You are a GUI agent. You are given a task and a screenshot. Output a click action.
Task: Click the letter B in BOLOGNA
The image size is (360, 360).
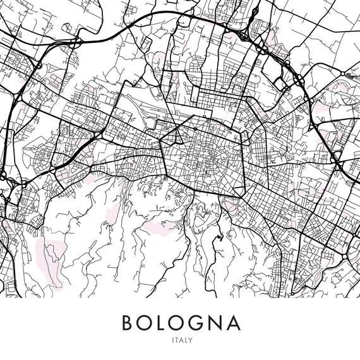(x=127, y=323)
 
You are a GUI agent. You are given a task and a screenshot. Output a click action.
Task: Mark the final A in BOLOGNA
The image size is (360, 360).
(x=234, y=323)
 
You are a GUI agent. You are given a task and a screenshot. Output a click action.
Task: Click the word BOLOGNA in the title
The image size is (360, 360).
(x=181, y=323)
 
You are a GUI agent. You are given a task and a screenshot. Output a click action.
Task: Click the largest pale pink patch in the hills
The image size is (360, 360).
(x=52, y=256)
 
